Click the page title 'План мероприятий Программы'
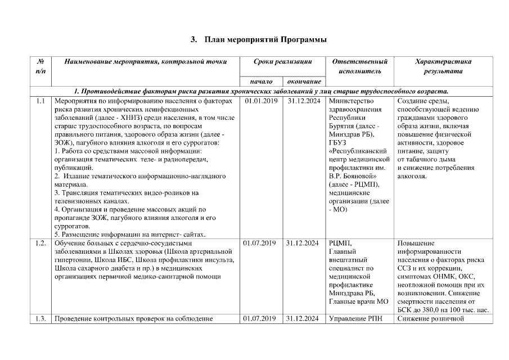coord(258,40)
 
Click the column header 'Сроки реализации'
coord(282,62)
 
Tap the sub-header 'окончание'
coord(303,82)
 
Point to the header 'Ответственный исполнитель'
coord(360,66)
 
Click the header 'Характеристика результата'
coord(443,66)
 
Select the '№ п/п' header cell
coord(41,66)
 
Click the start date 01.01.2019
coord(259,101)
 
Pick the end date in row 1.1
coord(303,101)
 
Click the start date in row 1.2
coord(259,243)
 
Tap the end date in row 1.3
coord(303,319)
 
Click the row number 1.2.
coord(40,243)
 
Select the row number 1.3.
coord(40,319)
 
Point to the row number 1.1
coord(40,101)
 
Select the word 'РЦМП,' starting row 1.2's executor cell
coord(340,243)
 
